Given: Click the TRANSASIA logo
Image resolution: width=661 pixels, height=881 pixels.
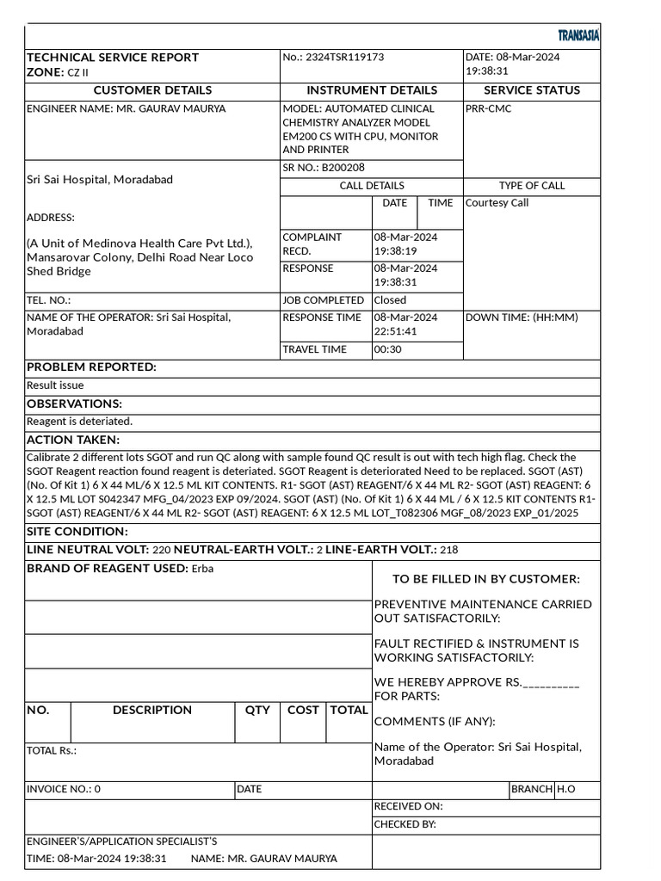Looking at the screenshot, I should [x=578, y=35].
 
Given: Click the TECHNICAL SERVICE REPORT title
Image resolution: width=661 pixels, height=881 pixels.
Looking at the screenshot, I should [x=113, y=57].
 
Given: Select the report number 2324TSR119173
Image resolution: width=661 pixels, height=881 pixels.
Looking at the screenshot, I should [x=344, y=57].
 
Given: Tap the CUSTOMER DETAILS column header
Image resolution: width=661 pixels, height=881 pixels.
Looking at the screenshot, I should [x=152, y=90].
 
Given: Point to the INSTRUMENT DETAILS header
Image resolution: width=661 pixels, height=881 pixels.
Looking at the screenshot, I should [x=372, y=90].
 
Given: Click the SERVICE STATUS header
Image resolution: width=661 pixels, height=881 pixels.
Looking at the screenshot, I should [x=532, y=90].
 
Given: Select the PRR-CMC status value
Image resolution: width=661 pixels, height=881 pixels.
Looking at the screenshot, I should [x=488, y=109].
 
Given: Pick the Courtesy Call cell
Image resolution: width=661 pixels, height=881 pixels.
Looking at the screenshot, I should [x=497, y=203].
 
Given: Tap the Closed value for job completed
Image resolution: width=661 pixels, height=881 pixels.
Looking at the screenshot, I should [x=390, y=300].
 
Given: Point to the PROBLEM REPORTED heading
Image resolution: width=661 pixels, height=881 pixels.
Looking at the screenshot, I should [x=92, y=367].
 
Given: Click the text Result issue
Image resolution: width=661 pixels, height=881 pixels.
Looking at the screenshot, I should [x=55, y=385].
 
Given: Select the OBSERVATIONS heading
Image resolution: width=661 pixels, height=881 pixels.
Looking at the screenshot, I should [x=75, y=404].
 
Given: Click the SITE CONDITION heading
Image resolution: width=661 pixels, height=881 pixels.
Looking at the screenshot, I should [x=77, y=532].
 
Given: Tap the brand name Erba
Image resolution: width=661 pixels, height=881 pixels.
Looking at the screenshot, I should [x=202, y=569].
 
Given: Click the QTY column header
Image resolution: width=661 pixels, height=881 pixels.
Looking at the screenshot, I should [x=257, y=710].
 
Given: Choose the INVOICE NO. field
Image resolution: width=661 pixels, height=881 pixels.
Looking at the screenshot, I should [x=64, y=789].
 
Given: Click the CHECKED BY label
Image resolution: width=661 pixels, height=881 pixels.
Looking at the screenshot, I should [x=405, y=824].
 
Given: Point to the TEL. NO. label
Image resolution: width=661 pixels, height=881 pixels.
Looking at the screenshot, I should [x=49, y=300].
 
